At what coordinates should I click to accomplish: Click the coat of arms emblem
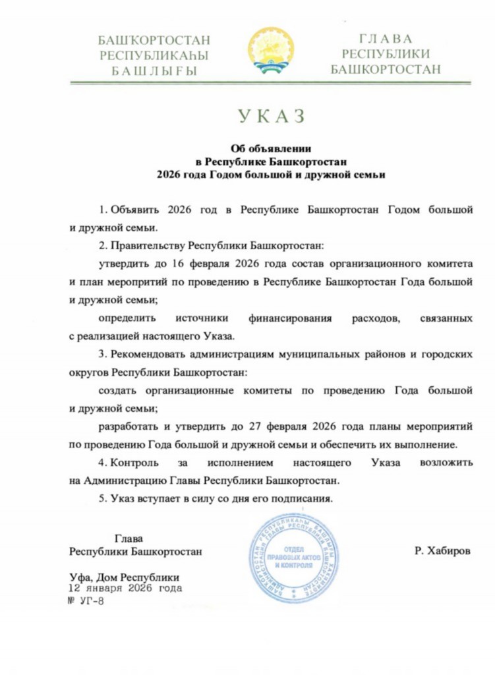point(271,50)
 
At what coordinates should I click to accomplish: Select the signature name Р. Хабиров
point(442,551)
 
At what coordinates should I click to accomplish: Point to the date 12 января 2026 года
point(125,587)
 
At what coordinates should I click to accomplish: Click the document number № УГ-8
point(86,601)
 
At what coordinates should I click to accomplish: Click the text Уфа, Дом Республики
point(125,575)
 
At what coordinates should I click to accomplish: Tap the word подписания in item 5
point(305,498)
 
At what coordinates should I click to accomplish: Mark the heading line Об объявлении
point(271,147)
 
